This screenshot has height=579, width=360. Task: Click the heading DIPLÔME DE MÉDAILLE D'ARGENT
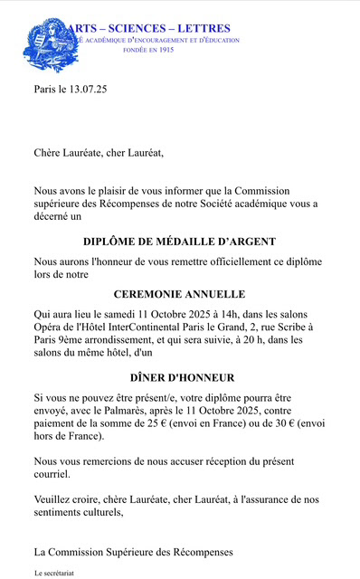coord(179,242)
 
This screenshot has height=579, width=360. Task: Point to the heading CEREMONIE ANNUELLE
coord(179,294)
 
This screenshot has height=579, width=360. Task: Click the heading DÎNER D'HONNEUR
coord(179,377)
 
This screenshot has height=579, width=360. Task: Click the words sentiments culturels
coord(78,511)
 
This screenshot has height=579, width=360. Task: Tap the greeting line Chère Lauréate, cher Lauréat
coord(99,153)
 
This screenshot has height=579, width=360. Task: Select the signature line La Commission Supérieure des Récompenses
coord(134,551)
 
